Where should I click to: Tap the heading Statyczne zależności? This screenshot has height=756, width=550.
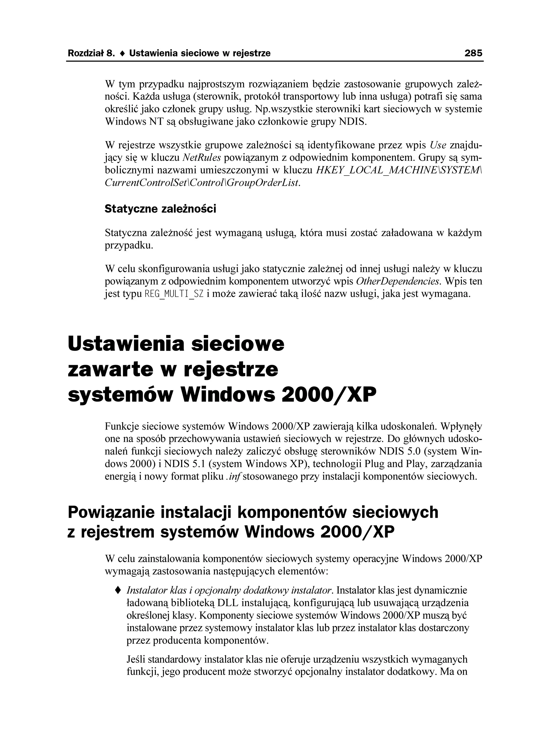(x=160, y=209)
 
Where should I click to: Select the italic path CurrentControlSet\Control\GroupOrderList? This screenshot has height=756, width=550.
(x=202, y=183)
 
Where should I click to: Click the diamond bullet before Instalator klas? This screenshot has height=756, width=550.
(x=117, y=590)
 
